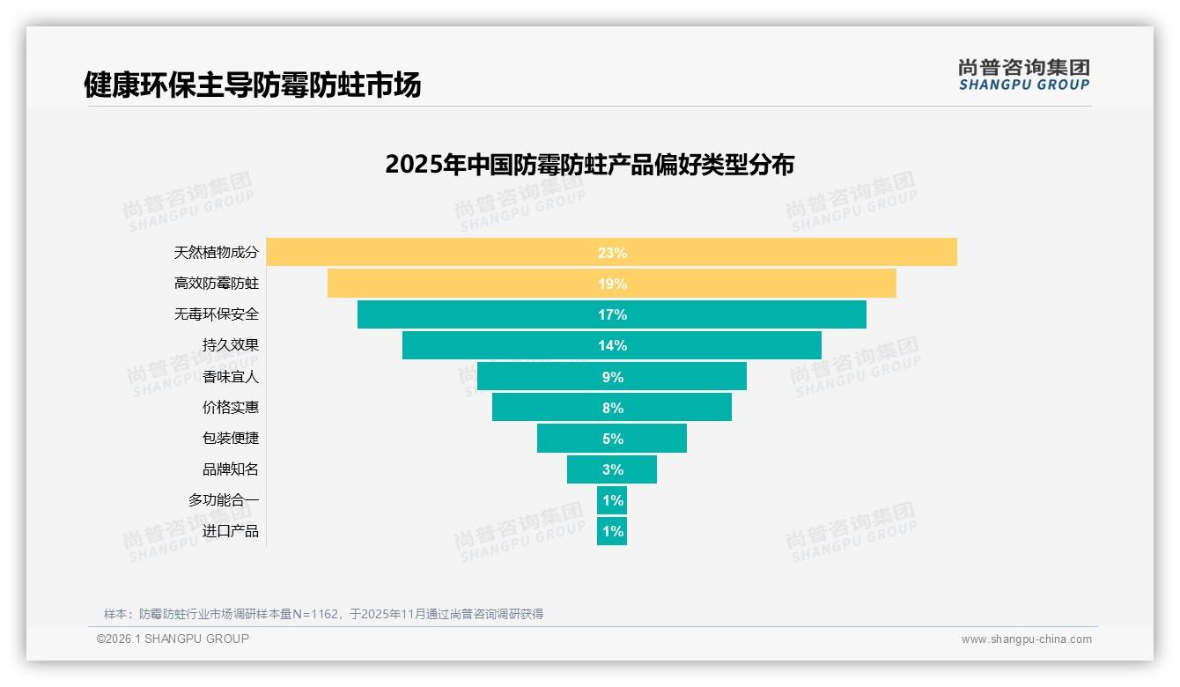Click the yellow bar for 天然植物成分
click(440, 252)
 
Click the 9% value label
click(612, 377)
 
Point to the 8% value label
click(612, 408)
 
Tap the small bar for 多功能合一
click(612, 500)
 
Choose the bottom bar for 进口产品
click(612, 531)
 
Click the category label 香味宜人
click(231, 376)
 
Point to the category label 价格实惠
click(231, 407)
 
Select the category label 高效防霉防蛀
click(217, 284)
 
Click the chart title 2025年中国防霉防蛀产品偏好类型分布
click(589, 165)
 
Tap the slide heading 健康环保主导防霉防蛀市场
click(252, 85)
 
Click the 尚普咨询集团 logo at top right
click(1023, 75)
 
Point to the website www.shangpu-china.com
click(1026, 639)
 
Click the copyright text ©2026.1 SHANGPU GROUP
click(173, 639)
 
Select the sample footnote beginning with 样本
click(323, 614)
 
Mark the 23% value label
click(612, 253)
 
